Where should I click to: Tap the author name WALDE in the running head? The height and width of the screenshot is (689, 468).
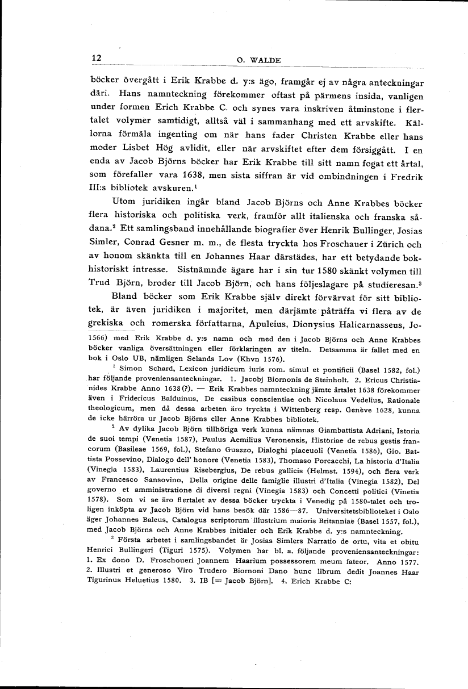click(x=265, y=60)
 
